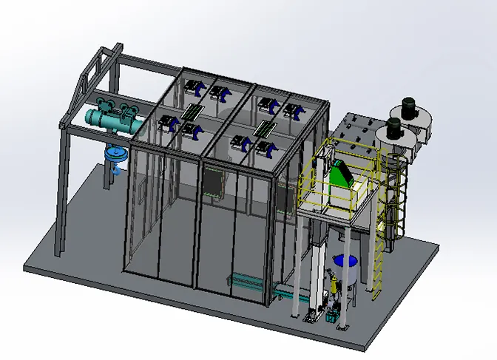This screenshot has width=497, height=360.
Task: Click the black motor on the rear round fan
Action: [408, 107]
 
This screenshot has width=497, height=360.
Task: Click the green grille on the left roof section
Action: [194, 112]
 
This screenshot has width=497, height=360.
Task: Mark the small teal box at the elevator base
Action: [310, 319]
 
